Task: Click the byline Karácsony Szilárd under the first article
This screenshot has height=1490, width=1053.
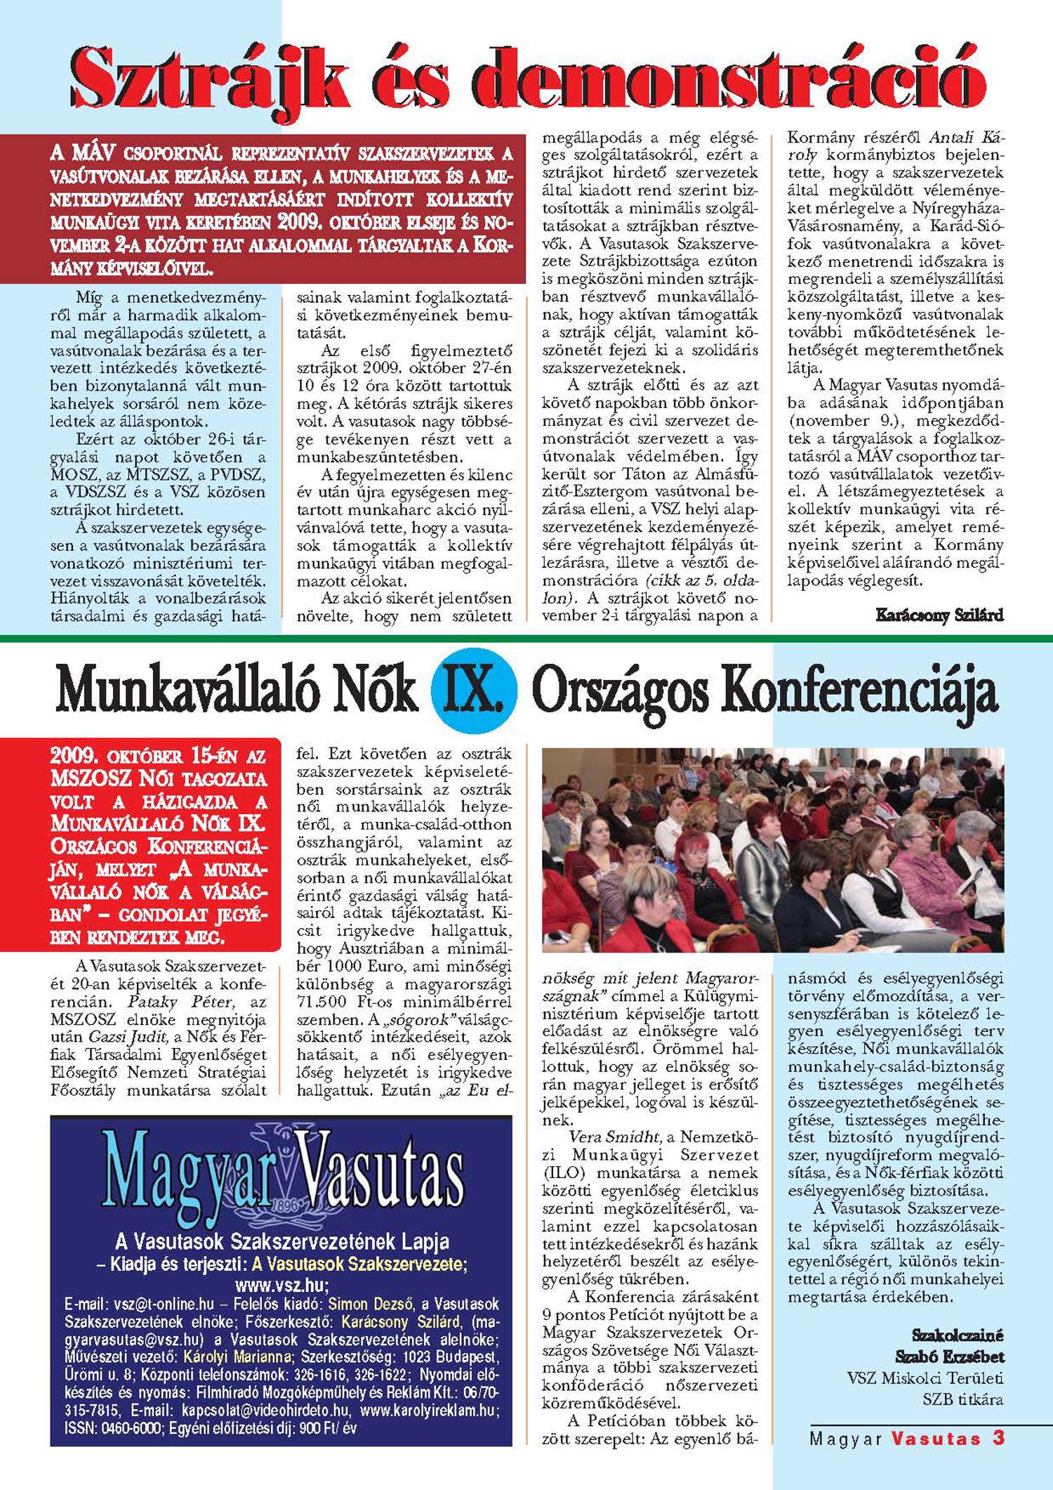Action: [x=939, y=615]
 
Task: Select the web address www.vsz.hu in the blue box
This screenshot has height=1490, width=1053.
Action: [x=281, y=1285]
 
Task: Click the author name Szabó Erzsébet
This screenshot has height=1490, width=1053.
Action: [x=949, y=1357]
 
